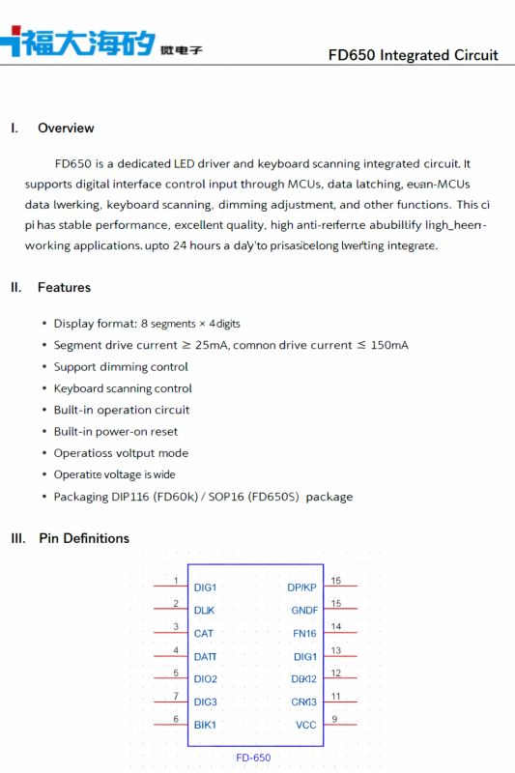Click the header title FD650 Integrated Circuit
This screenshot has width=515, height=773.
(x=413, y=55)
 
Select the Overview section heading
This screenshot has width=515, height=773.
(x=66, y=128)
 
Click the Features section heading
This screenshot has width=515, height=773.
(x=64, y=287)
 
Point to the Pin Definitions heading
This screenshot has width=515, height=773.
(x=83, y=538)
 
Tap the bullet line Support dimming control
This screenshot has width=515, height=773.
(x=121, y=367)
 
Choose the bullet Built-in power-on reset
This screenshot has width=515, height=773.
(x=116, y=432)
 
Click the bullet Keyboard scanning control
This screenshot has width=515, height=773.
(x=123, y=388)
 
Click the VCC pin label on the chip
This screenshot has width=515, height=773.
(x=305, y=725)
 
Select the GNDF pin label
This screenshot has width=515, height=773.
(x=304, y=611)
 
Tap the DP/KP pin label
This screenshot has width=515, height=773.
(x=301, y=587)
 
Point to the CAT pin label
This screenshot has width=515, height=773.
(x=204, y=634)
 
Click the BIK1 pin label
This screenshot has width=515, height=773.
(x=205, y=725)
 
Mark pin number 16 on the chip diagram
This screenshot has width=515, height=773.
(x=336, y=581)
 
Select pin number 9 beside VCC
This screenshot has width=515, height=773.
(x=334, y=719)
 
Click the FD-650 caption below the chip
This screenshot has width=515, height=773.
(x=253, y=758)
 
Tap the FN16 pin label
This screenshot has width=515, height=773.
(x=304, y=634)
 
